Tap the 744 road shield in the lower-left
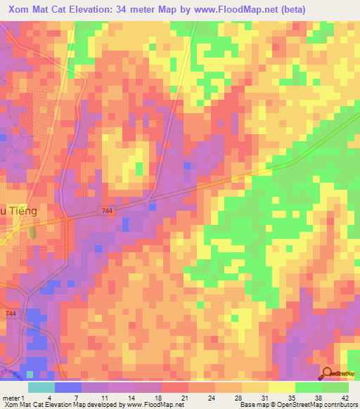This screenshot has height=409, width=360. point(11,313)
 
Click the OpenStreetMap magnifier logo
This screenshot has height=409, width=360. point(328,374)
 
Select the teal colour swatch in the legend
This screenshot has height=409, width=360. point(41,387)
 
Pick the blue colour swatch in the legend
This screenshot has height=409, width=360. point(67,387)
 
